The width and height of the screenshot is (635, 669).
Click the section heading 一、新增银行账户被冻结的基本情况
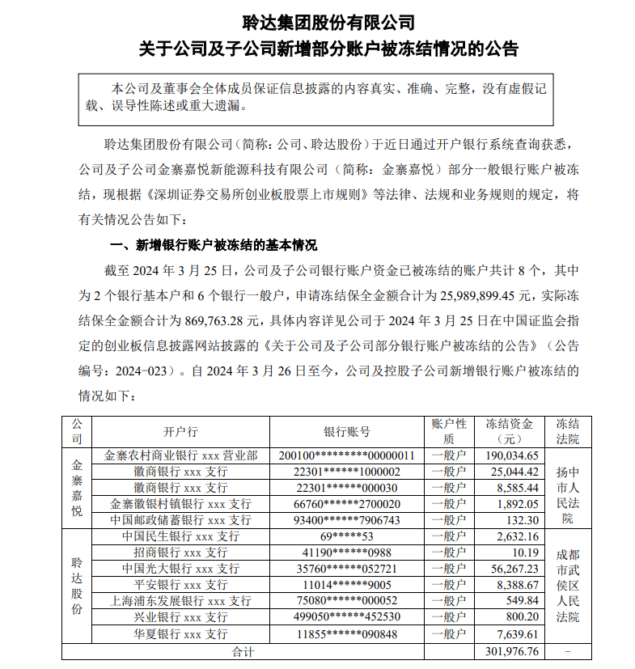pos(213,245)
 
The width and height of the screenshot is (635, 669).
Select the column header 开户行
pos(180,431)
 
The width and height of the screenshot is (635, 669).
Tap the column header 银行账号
pos(346,431)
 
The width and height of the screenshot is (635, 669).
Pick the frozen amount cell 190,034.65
pos(510,455)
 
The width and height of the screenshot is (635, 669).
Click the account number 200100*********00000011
pos(346,455)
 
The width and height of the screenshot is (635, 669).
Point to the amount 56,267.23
pos(512,569)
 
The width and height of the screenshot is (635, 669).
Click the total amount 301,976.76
pos(510,650)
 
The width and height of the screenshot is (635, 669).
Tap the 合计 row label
pos(243,650)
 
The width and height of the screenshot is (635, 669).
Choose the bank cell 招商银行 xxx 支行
pos(180,553)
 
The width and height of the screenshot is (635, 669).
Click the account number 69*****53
pos(346,536)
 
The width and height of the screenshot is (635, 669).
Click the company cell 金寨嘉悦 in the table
pos(77,487)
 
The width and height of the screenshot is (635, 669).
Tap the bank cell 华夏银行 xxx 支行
pos(180,634)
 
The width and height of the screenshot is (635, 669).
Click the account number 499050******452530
pos(346,617)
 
